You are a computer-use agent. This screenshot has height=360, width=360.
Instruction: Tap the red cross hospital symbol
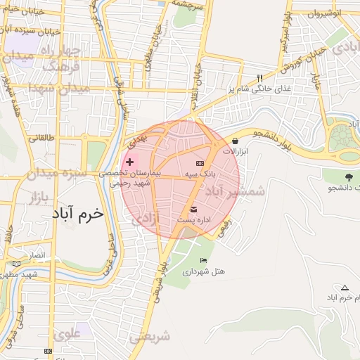[x=129, y=162]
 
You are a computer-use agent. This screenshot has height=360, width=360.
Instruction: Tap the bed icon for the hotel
[x=203, y=260]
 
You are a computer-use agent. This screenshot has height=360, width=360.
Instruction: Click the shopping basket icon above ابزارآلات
[x=234, y=141]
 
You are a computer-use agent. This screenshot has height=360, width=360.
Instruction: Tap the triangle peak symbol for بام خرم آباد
[x=345, y=288]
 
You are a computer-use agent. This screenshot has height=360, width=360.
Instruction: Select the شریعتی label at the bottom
[x=150, y=337]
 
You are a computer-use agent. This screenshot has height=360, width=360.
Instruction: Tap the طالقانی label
[x=40, y=139]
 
